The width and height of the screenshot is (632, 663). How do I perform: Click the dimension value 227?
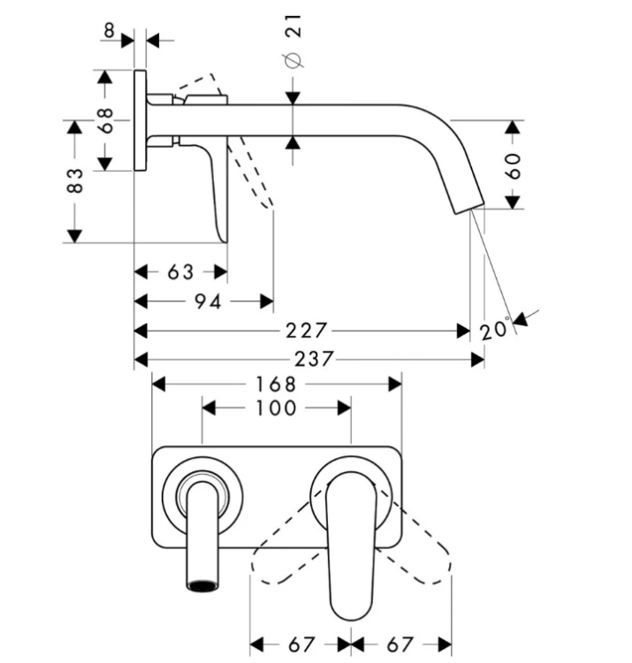click(x=307, y=331)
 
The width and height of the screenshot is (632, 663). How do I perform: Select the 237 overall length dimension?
click(x=314, y=360)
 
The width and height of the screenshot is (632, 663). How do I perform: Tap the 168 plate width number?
click(x=276, y=385)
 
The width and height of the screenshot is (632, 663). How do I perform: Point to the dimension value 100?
click(x=276, y=408)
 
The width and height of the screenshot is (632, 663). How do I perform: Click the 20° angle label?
click(x=495, y=329)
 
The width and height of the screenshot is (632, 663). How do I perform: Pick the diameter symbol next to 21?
click(x=293, y=60)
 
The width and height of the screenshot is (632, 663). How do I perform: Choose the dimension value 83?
click(x=75, y=180)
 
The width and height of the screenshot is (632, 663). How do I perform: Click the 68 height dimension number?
click(x=105, y=120)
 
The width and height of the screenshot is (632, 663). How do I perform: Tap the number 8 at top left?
click(x=109, y=30)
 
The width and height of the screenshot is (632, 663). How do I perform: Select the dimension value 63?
click(x=180, y=272)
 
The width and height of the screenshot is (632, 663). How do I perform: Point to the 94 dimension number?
click(x=208, y=301)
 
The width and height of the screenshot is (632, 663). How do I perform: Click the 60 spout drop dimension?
click(x=513, y=166)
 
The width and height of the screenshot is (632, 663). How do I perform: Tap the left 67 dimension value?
click(x=301, y=644)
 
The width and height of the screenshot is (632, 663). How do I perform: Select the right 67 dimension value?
click(x=400, y=644)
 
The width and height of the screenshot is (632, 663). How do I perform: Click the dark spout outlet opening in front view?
click(x=203, y=585)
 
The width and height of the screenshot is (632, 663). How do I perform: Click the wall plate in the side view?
click(x=141, y=120)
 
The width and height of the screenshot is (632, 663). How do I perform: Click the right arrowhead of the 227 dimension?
click(x=464, y=331)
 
